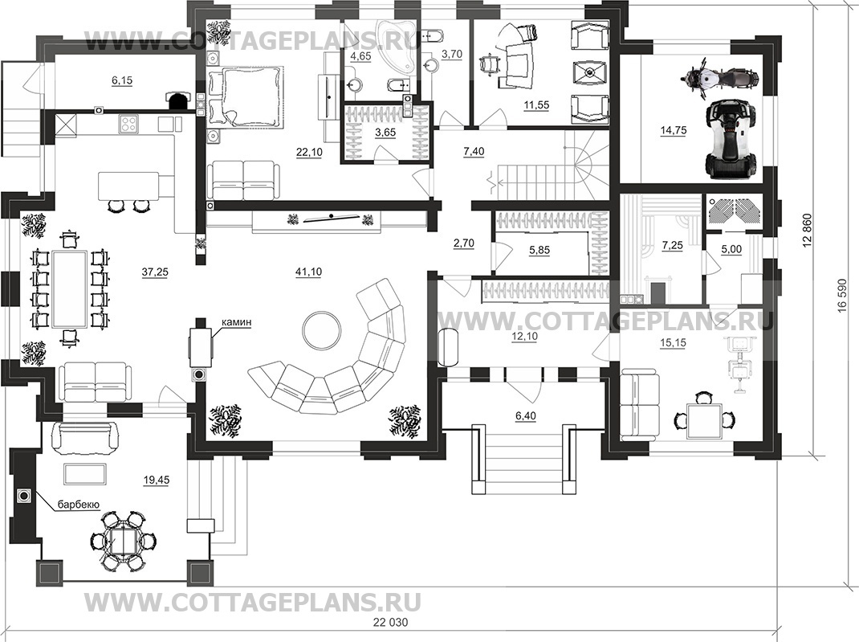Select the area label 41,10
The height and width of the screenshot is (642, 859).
tap(308, 272)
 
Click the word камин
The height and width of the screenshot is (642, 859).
tap(238, 322)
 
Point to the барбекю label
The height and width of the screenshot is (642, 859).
tap(77, 505)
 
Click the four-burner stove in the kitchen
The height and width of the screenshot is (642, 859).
tap(128, 124)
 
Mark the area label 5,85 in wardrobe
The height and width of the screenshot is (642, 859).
tap(539, 250)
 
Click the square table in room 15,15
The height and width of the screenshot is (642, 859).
tap(703, 419)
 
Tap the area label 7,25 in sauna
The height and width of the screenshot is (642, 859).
tap(672, 244)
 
